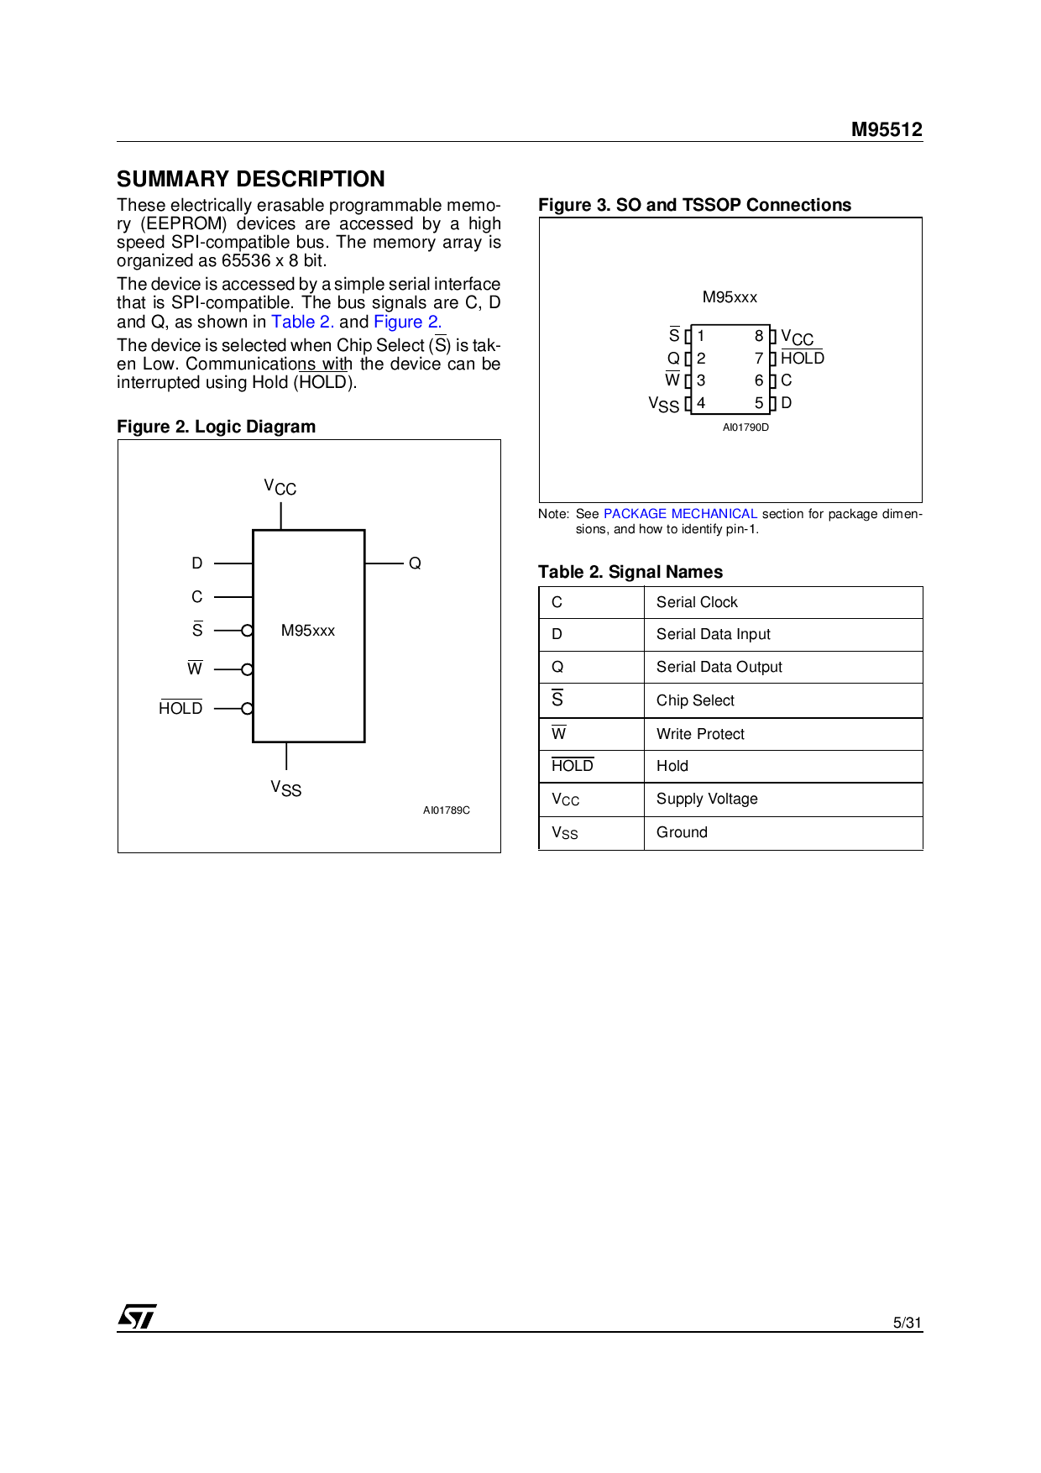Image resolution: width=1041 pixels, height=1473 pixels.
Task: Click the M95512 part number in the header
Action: pos(886,129)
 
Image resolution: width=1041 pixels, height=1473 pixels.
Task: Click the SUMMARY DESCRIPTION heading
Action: pos(250,179)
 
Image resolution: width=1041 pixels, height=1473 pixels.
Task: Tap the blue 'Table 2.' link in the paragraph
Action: pos(302,322)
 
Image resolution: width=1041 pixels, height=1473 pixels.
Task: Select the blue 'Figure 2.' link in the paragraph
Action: pos(407,322)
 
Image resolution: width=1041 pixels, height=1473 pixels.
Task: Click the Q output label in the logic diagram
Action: pos(415,564)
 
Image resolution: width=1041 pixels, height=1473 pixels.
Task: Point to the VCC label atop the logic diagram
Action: pos(280,487)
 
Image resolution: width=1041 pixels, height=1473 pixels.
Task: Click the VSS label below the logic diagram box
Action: pos(285,788)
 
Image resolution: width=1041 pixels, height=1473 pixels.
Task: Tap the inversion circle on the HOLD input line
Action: pos(247,709)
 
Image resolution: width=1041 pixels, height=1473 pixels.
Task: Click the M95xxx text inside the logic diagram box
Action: pos(308,631)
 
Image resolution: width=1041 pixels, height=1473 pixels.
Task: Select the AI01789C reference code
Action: pos(446,810)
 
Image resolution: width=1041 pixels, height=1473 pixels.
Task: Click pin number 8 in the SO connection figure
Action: pos(759,336)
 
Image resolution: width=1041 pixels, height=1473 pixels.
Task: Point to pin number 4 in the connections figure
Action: pos(701,403)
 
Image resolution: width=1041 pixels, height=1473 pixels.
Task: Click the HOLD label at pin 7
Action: pos(802,359)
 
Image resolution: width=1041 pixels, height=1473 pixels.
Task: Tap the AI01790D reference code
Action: pos(745,427)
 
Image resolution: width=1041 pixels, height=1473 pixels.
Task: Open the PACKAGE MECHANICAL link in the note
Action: pos(680,514)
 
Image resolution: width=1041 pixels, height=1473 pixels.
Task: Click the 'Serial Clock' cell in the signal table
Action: pos(697,602)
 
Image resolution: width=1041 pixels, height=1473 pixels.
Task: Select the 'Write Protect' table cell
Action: pos(700,734)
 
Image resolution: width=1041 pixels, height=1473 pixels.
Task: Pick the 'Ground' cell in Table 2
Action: pos(682,832)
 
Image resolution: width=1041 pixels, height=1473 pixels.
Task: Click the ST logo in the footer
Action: pos(137,1316)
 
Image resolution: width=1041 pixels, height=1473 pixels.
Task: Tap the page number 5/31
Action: pos(907,1323)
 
